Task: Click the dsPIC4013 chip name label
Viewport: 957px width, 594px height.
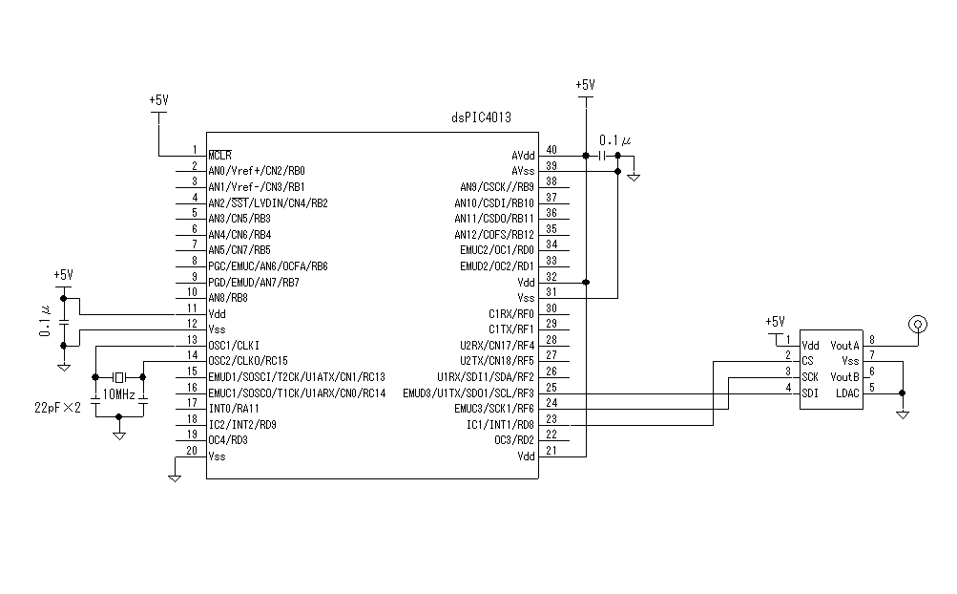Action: (x=481, y=118)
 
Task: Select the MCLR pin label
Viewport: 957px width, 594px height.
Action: (x=220, y=155)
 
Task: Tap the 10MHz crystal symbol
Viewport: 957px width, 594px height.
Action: (x=119, y=376)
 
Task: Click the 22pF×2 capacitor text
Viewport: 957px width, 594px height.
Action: (x=56, y=407)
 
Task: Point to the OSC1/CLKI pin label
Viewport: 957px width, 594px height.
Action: (x=234, y=345)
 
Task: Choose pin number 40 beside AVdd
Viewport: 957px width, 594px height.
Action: (x=551, y=151)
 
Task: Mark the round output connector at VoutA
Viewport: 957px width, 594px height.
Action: (x=918, y=324)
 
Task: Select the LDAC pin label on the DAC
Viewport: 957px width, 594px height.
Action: (x=847, y=392)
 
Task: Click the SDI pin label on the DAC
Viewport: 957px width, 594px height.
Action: (x=810, y=392)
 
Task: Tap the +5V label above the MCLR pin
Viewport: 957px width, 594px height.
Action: (x=158, y=99)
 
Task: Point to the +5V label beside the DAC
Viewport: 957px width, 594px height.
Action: (x=775, y=322)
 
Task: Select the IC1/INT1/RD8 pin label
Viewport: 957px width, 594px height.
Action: (x=500, y=424)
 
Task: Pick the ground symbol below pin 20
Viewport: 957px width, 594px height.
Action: (x=175, y=476)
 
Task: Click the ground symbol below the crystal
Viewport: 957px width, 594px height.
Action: (x=119, y=435)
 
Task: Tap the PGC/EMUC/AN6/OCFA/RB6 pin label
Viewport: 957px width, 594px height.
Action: (x=268, y=265)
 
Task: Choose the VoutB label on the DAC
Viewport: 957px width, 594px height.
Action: (x=844, y=376)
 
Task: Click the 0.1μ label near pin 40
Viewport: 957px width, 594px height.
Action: (x=614, y=140)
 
